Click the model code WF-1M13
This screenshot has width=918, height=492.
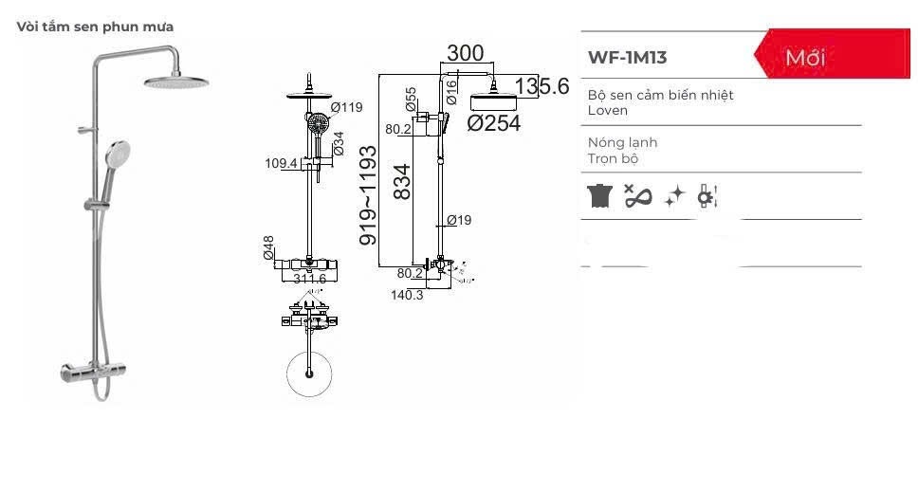[627, 57]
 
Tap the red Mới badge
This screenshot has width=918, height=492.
[805, 58]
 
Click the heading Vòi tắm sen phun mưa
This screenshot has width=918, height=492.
[95, 27]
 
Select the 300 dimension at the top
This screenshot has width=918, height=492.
[465, 53]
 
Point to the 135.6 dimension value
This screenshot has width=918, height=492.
[542, 86]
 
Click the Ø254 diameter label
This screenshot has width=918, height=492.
[494, 122]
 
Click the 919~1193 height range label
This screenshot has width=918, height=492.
[369, 194]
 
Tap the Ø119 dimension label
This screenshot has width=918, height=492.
[346, 107]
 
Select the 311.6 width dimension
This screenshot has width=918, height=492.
[309, 280]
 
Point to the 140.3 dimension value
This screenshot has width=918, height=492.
[407, 295]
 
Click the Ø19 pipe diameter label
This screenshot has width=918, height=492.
[458, 220]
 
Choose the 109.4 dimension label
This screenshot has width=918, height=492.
[282, 163]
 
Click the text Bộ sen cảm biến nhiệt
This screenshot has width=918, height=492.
[660, 95]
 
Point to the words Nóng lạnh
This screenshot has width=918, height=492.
[622, 142]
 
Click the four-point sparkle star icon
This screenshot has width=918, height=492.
[674, 196]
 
